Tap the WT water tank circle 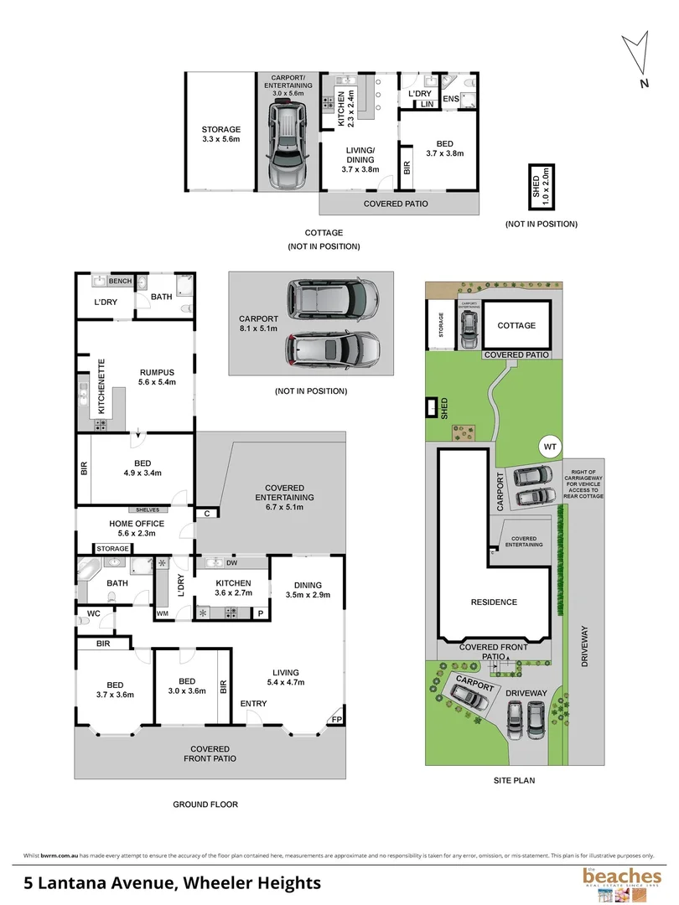[550, 447]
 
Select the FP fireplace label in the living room [336, 719]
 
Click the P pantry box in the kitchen [261, 613]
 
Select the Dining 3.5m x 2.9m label [308, 590]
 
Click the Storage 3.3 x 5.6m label [220, 134]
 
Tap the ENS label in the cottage [450, 99]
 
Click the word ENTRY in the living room [254, 703]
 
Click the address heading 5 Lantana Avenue [172, 882]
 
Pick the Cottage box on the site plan [516, 325]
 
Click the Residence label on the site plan [494, 602]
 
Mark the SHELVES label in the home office [147, 509]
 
